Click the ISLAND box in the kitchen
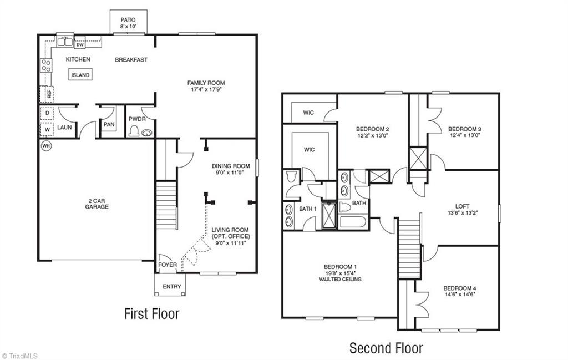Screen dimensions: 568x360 click(x=80, y=75)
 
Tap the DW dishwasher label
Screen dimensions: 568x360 click(x=80, y=45)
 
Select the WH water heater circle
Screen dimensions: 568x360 click(x=46, y=145)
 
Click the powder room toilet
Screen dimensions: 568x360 click(x=134, y=131)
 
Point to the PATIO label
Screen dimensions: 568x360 click(x=128, y=20)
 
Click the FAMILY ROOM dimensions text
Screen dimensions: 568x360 click(x=206, y=89)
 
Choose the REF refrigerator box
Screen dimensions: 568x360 click(x=48, y=94)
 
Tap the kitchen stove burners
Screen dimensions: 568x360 click(x=46, y=65)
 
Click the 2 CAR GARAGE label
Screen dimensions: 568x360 click(x=97, y=204)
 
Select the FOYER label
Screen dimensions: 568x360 click(x=168, y=265)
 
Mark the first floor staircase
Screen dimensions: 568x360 click(x=166, y=205)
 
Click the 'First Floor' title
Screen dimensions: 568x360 click(x=152, y=313)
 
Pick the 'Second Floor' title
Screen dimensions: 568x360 click(x=386, y=348)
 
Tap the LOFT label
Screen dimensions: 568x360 click(x=463, y=207)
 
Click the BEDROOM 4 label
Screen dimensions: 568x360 click(x=460, y=288)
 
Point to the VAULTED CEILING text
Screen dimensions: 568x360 click(x=340, y=279)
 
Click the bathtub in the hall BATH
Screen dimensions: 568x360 click(x=354, y=221)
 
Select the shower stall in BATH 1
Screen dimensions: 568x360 click(x=329, y=216)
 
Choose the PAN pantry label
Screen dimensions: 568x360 click(x=109, y=124)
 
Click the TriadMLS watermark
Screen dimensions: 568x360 click(x=19, y=356)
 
